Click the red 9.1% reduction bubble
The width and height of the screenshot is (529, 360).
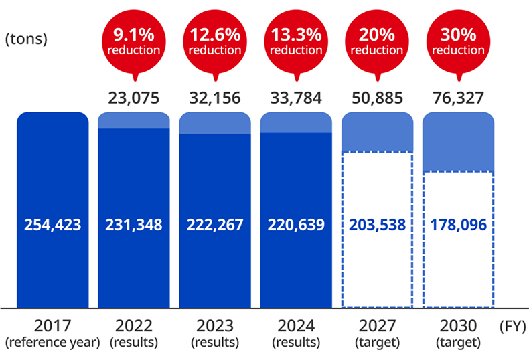coord(133,41)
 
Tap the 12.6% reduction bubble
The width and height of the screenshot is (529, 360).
coord(215,41)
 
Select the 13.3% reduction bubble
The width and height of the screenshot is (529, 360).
coord(296,41)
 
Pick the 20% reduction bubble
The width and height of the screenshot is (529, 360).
coord(377,41)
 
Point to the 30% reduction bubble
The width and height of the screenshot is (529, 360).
coord(459,41)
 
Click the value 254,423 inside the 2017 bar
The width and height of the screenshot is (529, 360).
coord(52,225)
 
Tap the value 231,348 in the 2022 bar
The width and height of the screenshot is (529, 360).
coord(133,225)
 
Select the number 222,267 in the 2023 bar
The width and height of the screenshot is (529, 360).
coord(215,225)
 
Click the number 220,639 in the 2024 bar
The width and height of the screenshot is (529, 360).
coord(296,225)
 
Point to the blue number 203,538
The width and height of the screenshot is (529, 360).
coord(377,225)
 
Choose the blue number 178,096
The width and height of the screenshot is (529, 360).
coord(459,225)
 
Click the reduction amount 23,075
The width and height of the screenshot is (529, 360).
coord(133,98)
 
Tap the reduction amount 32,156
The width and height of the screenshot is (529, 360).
coord(215,98)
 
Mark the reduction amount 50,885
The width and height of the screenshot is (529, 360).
coord(377,98)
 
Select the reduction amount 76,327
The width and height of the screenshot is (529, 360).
coord(459,98)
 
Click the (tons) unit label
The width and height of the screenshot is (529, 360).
coord(26,39)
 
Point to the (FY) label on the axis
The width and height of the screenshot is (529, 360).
coord(513,327)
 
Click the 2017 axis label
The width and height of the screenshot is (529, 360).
coord(52,327)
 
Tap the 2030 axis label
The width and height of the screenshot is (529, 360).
coord(459,327)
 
